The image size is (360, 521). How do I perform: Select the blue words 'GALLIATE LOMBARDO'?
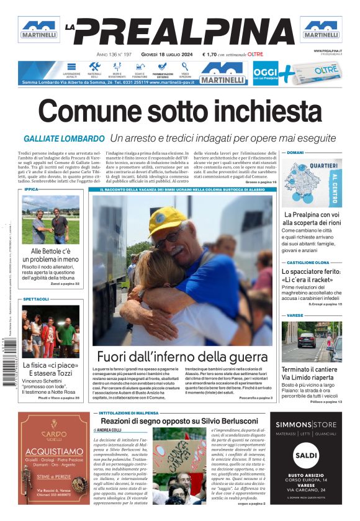pos(64,138)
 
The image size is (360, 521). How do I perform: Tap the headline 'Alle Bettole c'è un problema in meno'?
pos(51,255)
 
